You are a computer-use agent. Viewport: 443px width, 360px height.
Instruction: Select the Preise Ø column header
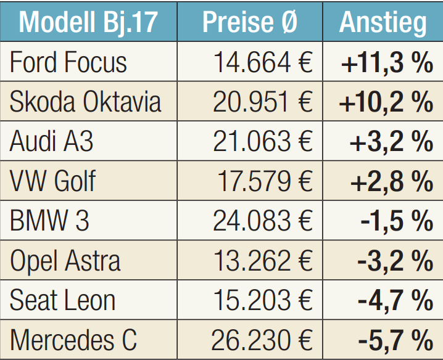[x=250, y=22]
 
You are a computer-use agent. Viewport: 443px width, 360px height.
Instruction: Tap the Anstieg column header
[x=383, y=22]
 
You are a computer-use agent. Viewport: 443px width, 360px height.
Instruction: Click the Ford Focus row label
[x=68, y=62]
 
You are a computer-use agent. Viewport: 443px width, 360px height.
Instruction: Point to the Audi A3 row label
[x=52, y=142]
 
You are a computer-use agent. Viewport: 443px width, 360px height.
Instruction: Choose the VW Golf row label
[x=53, y=181]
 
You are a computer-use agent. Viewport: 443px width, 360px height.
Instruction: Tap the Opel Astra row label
[x=65, y=261]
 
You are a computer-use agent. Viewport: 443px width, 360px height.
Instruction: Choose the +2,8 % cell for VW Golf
[x=391, y=181]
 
